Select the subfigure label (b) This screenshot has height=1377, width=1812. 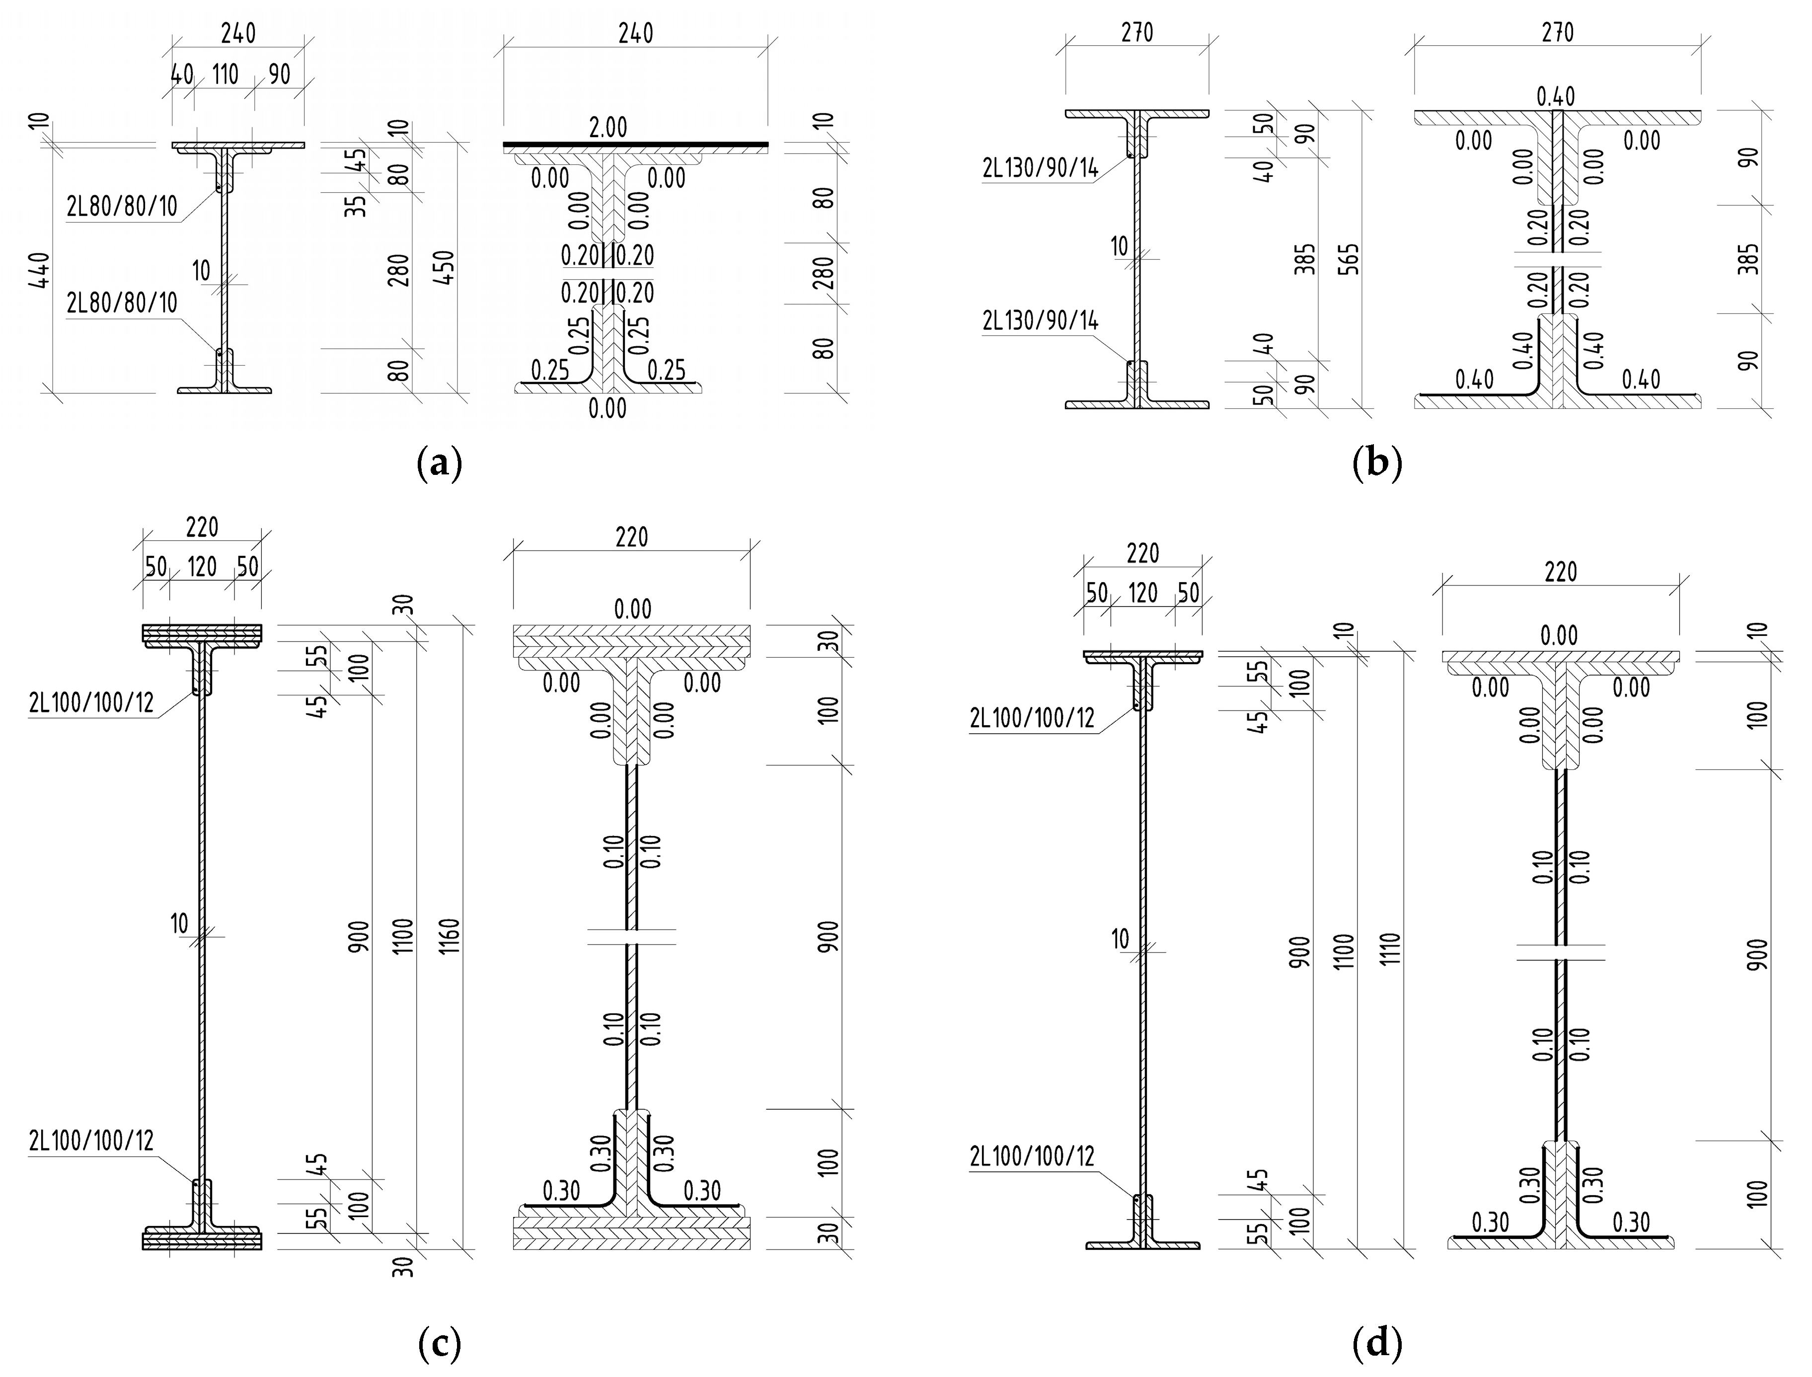click(1377, 464)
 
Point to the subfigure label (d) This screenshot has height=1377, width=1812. click(1377, 1344)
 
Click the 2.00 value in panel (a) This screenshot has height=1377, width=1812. click(607, 128)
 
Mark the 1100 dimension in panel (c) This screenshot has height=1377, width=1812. click(405, 936)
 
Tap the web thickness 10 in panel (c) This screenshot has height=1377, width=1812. click(179, 924)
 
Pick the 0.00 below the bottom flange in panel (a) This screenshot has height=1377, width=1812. click(607, 408)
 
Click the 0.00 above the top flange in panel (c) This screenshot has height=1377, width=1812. click(633, 609)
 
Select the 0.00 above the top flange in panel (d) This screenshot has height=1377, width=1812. click(1558, 635)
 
